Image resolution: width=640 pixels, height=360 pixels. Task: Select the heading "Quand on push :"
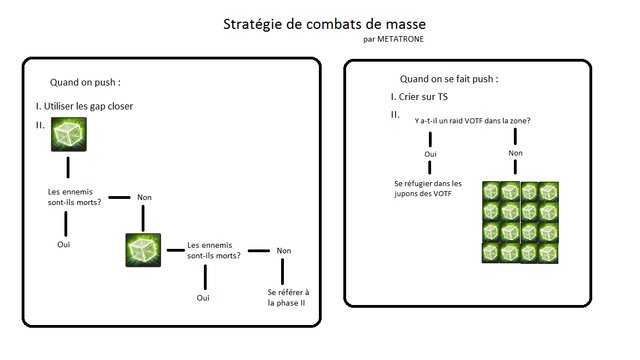92,83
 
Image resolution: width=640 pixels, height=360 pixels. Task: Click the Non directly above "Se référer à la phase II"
284,251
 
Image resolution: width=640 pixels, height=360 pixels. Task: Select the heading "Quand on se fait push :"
448,78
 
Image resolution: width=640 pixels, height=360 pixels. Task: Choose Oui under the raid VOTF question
432,155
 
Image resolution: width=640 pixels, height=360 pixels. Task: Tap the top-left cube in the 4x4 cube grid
491,191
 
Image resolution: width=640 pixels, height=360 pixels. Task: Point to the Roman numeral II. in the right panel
396,115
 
